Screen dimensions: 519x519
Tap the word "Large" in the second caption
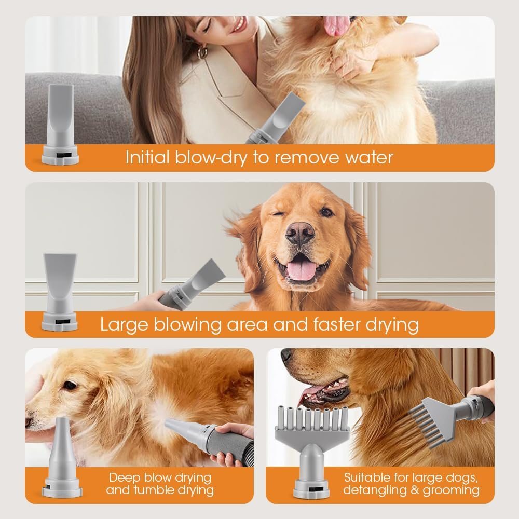pos(124,325)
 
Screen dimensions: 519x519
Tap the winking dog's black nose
pos(299,233)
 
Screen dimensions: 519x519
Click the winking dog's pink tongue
pos(302,270)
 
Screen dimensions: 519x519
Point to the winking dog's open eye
pos(326,212)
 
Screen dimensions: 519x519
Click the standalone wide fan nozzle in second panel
pos(60,291)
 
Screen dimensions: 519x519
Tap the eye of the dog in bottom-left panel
pos(70,385)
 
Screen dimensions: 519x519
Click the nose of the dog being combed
pos(286,355)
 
